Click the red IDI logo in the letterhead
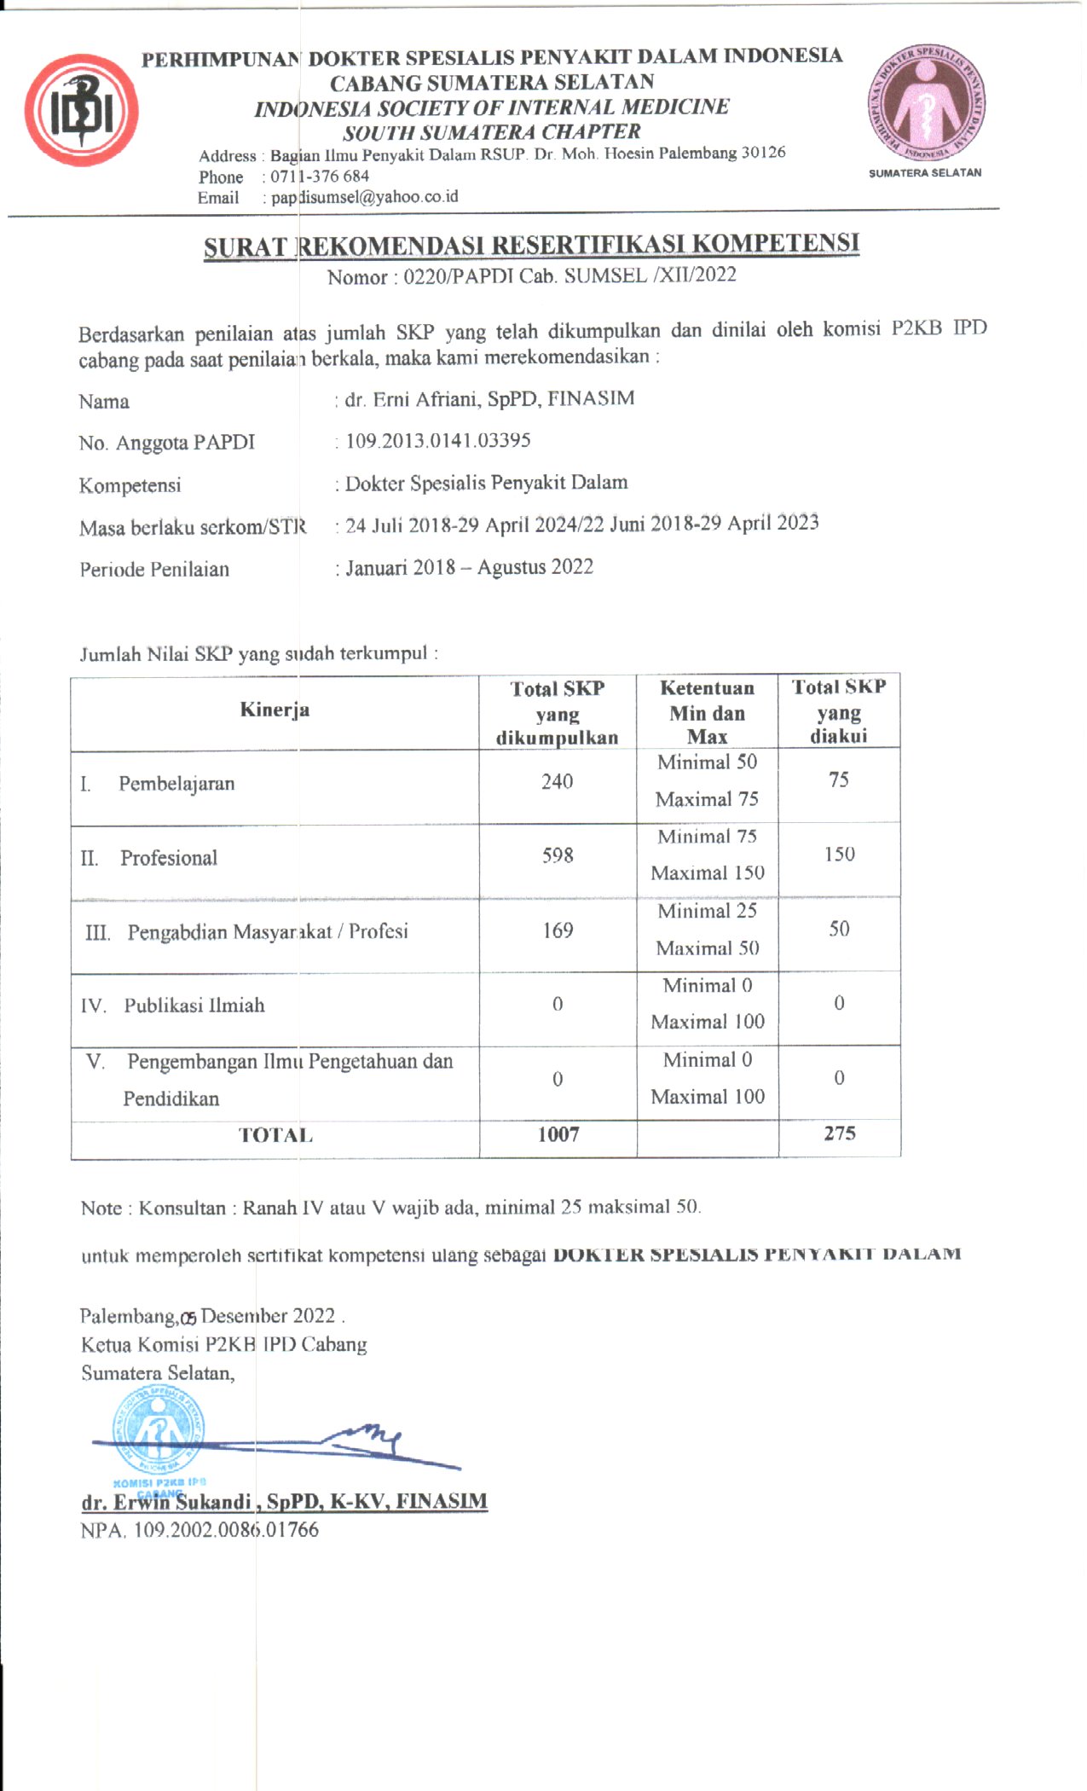82,110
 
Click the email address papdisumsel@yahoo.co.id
365,197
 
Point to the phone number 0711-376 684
320,177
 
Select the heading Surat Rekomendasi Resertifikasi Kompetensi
531,245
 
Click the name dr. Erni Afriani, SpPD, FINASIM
489,399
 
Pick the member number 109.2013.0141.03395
438,441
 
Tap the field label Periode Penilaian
154,570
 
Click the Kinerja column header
275,710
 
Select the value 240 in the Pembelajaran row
557,781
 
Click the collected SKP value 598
558,855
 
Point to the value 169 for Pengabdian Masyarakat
558,930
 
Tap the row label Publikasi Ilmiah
194,1006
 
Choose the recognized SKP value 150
839,854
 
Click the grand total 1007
558,1134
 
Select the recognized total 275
839,1133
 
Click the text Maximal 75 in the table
707,799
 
